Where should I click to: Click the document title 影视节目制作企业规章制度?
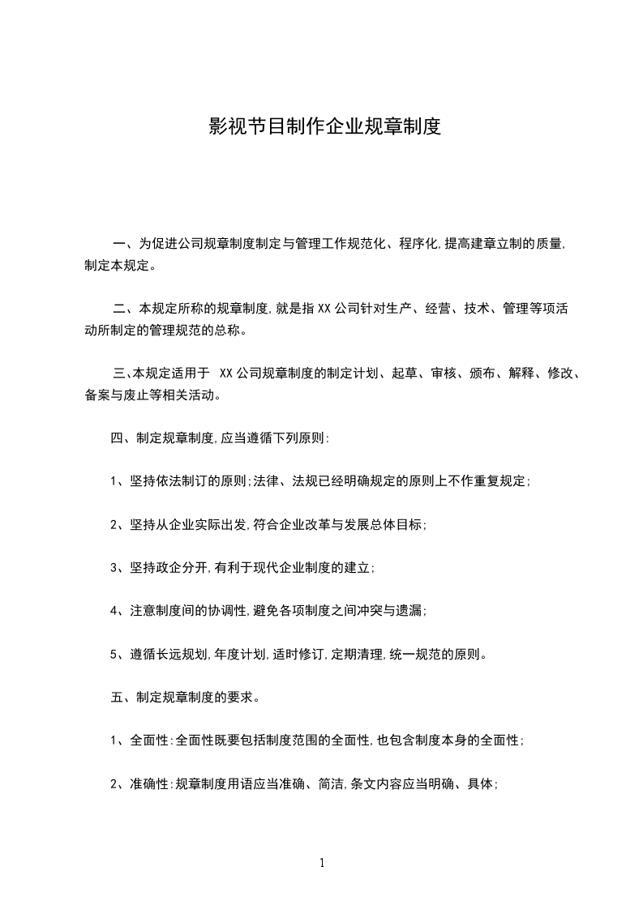[324, 126]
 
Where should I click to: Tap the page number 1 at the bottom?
[322, 863]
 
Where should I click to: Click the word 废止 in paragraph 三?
[147, 395]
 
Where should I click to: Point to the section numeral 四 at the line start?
[116, 438]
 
